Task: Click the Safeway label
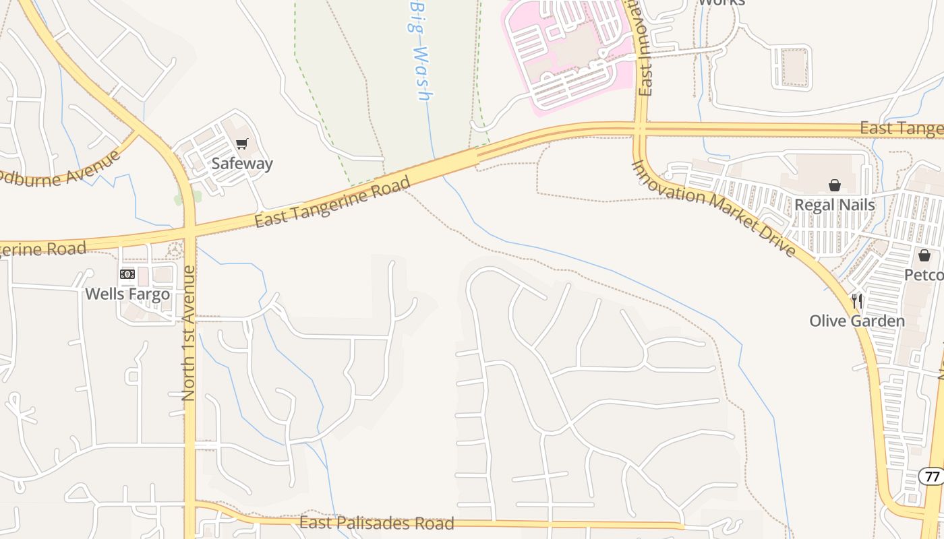pos(242,164)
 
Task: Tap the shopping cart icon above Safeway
pos(242,144)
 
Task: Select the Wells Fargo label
pos(127,294)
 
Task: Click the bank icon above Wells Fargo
pos(127,274)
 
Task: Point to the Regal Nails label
pos(835,205)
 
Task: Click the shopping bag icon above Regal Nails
pos(835,185)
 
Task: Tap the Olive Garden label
pos(857,321)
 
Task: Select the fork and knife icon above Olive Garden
pos(857,300)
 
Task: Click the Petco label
pos(924,276)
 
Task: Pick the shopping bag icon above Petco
pos(924,255)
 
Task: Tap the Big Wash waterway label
pos(420,51)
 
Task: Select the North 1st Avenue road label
pos(189,334)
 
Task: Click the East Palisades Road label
pos(377,523)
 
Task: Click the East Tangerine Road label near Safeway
pos(332,202)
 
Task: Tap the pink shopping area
pos(573,54)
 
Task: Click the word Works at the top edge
pos(721,3)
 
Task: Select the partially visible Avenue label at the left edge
pos(61,172)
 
